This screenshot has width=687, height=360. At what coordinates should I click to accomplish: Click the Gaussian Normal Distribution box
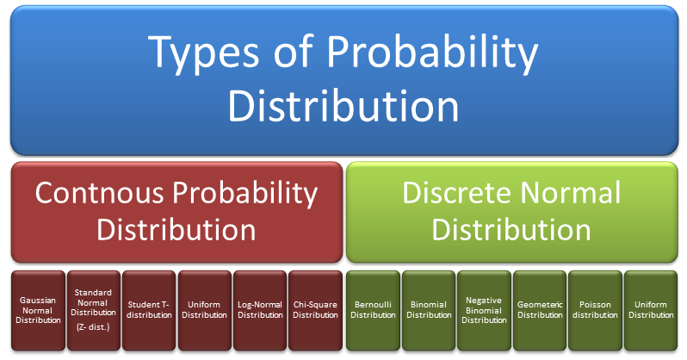pos(37,309)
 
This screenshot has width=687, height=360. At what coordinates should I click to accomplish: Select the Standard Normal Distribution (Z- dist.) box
pos(93,309)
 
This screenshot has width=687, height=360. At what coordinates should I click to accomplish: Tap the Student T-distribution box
pos(148,309)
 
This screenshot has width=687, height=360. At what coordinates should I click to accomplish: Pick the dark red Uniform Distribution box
pos(204,309)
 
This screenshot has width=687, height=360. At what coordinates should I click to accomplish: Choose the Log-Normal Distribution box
pos(259,309)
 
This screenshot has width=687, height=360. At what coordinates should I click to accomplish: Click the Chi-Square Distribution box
pos(315,309)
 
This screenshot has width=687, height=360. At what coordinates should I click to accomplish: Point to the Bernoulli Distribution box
pos(373,309)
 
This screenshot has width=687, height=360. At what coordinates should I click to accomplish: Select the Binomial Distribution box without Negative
pos(428,309)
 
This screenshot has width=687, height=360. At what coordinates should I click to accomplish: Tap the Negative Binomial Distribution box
pos(484,309)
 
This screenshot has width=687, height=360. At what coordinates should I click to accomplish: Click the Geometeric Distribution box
pos(540,309)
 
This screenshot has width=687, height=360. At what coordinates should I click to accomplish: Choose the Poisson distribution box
pos(595,309)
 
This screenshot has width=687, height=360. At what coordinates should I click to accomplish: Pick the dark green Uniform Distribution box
pos(651,309)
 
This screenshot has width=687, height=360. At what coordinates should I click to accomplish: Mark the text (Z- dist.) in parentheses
pos(93,326)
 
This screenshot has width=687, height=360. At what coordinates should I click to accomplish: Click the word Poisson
pos(595,304)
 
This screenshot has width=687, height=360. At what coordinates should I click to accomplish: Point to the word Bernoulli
pos(373,304)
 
